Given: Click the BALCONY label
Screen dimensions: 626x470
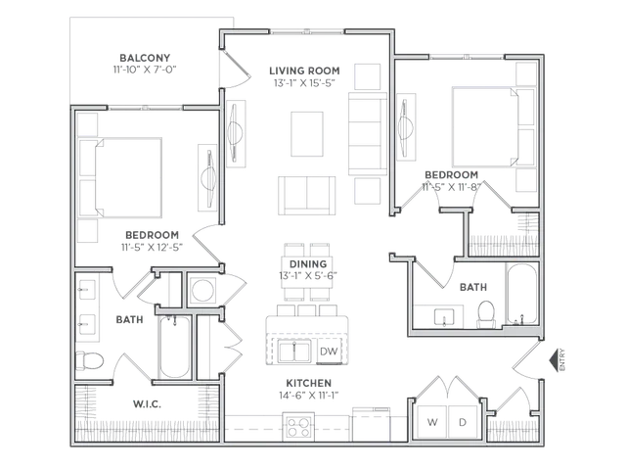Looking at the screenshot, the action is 145,58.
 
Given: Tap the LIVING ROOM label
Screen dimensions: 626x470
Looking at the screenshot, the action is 304,71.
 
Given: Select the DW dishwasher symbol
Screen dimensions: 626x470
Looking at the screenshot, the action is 329,352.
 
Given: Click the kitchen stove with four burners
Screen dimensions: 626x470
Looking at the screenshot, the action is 298,427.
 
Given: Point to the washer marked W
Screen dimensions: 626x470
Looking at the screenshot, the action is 432,422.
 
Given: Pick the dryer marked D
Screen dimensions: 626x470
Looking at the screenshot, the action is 463,422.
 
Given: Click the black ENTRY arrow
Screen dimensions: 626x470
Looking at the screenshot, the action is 554,360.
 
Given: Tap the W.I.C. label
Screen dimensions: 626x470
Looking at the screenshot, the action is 147,404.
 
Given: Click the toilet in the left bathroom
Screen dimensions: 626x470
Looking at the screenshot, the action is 90,361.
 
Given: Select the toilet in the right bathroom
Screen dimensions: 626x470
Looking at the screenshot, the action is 486,314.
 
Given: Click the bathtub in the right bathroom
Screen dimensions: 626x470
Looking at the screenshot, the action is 521,294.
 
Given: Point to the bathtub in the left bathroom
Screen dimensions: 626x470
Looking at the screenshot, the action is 175,347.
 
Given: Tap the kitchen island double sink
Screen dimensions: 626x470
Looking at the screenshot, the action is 294,352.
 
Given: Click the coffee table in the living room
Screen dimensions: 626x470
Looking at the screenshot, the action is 307,134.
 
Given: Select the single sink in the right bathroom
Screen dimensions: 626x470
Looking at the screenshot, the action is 444,316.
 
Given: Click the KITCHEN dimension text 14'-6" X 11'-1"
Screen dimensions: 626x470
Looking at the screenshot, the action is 309,396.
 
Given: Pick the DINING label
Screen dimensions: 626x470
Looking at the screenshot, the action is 308,264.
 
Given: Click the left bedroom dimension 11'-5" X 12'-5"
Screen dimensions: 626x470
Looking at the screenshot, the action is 153,248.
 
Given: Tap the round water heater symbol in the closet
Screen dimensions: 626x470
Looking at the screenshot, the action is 202,290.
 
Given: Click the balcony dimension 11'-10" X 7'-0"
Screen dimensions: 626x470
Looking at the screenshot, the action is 145,70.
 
